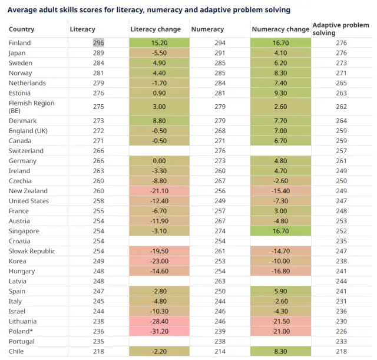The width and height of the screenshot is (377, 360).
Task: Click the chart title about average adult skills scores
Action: click(149, 10)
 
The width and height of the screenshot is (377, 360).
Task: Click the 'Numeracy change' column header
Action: click(280, 29)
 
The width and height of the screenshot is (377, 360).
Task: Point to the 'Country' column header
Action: click(22, 29)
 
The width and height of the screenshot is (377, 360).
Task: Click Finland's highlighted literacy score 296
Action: click(98, 43)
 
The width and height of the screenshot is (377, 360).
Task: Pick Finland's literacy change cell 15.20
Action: click(160, 43)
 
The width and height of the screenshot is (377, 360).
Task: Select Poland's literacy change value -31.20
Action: click(160, 331)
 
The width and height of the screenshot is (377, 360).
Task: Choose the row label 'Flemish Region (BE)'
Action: click(32, 107)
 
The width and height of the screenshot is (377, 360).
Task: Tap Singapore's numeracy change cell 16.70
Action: click(280, 231)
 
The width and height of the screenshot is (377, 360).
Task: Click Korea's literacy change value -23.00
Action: click(160, 261)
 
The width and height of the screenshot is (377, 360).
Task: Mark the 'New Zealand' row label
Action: click(28, 191)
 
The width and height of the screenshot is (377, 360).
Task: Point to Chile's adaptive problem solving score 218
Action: click(341, 351)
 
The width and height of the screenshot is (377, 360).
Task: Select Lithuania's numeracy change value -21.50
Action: click(280, 321)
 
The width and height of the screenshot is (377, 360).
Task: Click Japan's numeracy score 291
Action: click(219, 53)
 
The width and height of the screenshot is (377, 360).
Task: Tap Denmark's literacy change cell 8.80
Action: click(160, 121)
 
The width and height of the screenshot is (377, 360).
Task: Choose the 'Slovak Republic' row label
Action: click(32, 251)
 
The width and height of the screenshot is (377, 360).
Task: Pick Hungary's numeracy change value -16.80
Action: click(280, 271)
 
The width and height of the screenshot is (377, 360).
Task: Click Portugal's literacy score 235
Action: click(98, 341)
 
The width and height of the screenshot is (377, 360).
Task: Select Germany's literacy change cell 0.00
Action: click(160, 161)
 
